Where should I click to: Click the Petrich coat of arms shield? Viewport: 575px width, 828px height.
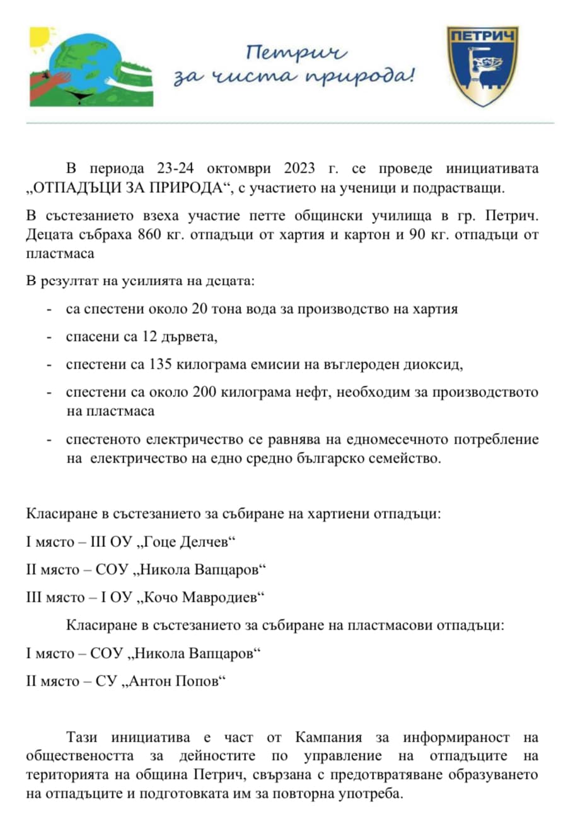(x=482, y=66)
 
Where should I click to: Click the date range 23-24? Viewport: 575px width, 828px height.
(x=171, y=169)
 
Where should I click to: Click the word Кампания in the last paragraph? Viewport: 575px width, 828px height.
(x=328, y=737)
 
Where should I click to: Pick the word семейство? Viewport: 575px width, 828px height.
(x=398, y=459)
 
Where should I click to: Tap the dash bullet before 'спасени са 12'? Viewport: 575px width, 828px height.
(x=49, y=337)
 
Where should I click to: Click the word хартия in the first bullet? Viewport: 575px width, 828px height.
(x=435, y=309)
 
